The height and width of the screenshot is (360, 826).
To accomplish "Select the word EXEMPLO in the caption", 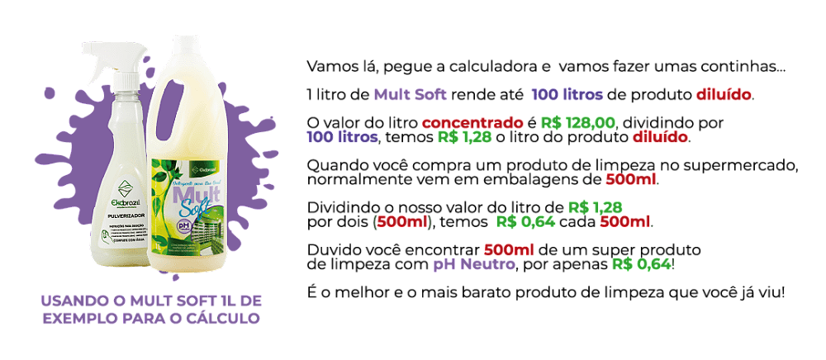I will point(78,318).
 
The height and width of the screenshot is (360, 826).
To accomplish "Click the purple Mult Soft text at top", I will point(410,94).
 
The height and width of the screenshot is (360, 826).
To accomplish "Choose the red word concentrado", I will point(472,123).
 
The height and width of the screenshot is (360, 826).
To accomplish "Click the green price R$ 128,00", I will point(578,123).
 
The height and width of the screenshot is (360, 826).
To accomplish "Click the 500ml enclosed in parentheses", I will point(403,221).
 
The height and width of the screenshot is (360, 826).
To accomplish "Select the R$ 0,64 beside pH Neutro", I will point(642,264).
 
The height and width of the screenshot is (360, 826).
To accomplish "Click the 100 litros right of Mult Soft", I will point(567,94).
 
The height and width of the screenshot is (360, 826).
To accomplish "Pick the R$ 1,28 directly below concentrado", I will point(464,137).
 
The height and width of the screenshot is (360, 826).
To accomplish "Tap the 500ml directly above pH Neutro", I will point(509,249).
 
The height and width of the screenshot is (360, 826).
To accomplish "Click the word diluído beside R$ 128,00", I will point(659,137).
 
